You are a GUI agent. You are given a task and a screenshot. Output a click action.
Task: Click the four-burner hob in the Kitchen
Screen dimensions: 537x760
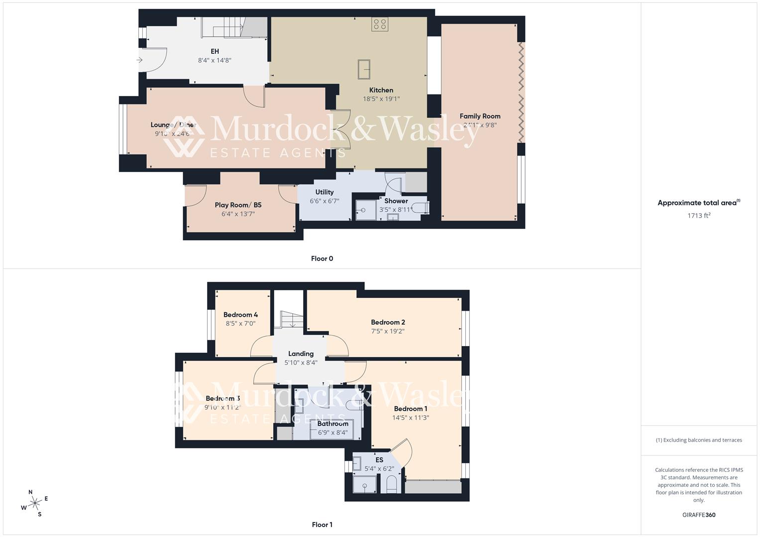click(x=379, y=24)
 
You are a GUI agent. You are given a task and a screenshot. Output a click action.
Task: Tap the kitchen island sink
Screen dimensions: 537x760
click(x=364, y=69)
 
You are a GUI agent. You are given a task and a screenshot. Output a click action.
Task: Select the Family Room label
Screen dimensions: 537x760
click(x=480, y=116)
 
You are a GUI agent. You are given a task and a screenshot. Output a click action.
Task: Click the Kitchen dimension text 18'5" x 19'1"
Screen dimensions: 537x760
click(x=381, y=99)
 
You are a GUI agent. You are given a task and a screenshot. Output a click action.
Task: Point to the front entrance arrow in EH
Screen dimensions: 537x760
click(x=140, y=60)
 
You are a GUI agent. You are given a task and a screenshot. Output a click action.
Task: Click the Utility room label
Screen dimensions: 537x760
click(x=325, y=192)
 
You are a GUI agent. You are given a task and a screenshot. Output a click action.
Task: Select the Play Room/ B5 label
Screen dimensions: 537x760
click(x=238, y=205)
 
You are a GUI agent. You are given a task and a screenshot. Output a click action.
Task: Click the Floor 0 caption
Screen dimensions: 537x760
click(x=322, y=259)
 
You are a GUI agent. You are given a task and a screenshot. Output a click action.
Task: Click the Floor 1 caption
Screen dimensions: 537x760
click(x=322, y=525)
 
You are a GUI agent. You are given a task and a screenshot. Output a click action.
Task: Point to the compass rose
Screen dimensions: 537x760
click(x=35, y=503)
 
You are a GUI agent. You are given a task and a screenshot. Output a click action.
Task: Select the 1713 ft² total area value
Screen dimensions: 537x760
click(x=699, y=215)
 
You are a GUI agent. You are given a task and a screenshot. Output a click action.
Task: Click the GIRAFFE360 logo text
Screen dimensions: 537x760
click(x=699, y=515)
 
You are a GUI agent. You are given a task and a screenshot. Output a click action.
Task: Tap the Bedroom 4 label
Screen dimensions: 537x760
click(x=240, y=315)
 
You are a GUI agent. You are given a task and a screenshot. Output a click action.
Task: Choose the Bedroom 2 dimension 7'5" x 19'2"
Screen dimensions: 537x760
click(x=388, y=331)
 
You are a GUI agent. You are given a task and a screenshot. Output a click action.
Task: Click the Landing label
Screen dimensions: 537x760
click(x=301, y=354)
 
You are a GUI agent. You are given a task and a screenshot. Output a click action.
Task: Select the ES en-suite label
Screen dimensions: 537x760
click(x=379, y=460)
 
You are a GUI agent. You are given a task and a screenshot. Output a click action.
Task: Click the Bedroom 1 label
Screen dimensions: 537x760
click(x=411, y=409)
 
